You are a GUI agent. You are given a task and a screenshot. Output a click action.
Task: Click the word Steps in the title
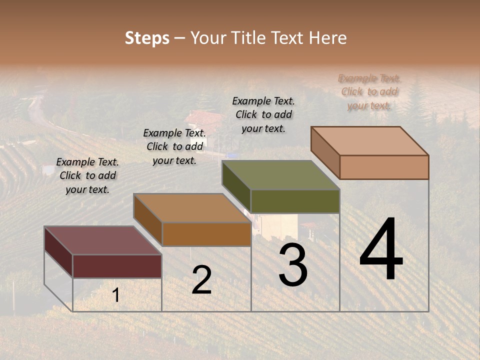click(x=147, y=38)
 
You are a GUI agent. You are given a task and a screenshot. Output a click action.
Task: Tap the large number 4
click(x=381, y=250)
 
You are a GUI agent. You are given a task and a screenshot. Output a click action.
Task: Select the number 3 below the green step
click(x=292, y=265)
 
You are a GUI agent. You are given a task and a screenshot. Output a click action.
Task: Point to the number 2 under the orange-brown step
click(x=201, y=280)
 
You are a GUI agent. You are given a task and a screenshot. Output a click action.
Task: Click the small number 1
click(x=116, y=295)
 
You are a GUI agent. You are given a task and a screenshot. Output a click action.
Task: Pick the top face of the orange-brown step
click(x=192, y=208)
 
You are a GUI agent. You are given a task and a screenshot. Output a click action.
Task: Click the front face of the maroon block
click(x=117, y=266)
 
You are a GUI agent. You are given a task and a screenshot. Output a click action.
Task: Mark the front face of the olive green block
click(x=295, y=201)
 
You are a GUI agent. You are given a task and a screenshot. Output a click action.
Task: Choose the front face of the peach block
click(x=384, y=167)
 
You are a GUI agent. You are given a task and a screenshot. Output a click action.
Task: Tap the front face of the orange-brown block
click(x=206, y=234)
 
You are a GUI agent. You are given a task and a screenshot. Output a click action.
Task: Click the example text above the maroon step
click(x=87, y=176)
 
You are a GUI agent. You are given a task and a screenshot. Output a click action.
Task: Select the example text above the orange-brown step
click(x=174, y=146)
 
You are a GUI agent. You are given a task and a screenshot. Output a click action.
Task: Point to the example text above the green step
click(x=263, y=114)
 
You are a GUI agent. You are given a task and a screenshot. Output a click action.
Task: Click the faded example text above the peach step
click(x=369, y=92)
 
